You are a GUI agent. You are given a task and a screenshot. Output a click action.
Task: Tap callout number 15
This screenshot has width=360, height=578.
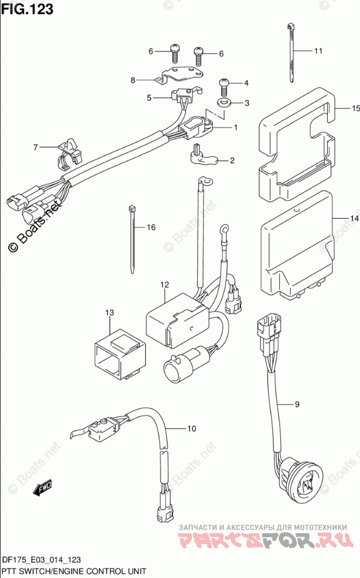[x=355, y=109]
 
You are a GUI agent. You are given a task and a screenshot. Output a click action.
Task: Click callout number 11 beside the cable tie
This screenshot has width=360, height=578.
[x=318, y=51]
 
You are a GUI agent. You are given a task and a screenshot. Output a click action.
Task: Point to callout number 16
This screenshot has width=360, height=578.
[x=151, y=227]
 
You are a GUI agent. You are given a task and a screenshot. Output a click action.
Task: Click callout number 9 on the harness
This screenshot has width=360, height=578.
[x=297, y=404]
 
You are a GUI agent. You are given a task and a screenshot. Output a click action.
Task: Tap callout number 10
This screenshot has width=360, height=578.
[x=191, y=429]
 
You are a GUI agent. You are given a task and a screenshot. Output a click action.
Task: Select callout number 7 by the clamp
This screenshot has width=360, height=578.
[x=35, y=147]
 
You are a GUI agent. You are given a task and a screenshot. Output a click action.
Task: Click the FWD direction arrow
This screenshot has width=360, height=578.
[x=43, y=486]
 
